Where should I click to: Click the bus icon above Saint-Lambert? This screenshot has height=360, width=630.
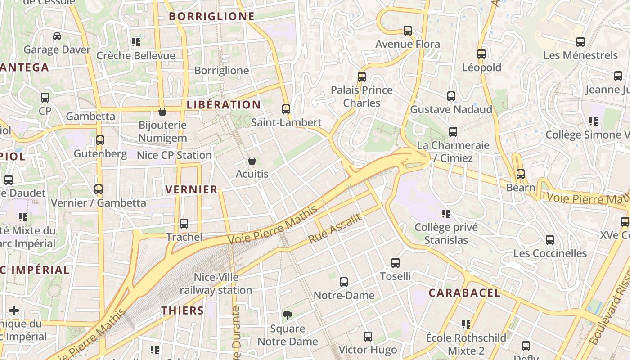pyautogui.click(x=286, y=109)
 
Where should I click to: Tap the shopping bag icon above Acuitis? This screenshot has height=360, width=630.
pyautogui.click(x=252, y=161)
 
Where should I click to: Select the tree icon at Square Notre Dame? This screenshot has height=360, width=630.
pyautogui.click(x=287, y=315)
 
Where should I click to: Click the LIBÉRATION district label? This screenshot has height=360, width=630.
pyautogui.click(x=224, y=105)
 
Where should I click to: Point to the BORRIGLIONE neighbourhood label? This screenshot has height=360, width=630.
pyautogui.click(x=211, y=17)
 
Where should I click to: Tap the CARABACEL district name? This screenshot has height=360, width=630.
pyautogui.click(x=464, y=293)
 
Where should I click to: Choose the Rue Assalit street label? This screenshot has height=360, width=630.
pyautogui.click(x=335, y=229)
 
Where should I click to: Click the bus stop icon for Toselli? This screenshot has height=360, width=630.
pyautogui.click(x=396, y=263)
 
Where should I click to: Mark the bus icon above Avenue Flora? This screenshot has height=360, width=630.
pyautogui.click(x=408, y=31)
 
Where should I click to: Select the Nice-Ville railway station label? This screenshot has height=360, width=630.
pyautogui.click(x=216, y=283)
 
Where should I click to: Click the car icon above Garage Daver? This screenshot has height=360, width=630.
pyautogui.click(x=57, y=36)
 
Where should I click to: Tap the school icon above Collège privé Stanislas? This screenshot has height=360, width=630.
pyautogui.click(x=446, y=214)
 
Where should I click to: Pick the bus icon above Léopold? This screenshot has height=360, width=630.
pyautogui.click(x=481, y=54)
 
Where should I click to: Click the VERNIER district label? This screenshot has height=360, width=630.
pyautogui.click(x=191, y=190)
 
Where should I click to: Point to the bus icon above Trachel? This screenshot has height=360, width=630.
pyautogui.click(x=184, y=224)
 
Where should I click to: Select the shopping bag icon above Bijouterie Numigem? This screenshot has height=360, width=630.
pyautogui.click(x=162, y=112)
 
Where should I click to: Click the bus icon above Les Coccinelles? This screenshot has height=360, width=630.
pyautogui.click(x=550, y=240)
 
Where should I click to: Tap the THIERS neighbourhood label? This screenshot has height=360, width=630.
pyautogui.click(x=183, y=310)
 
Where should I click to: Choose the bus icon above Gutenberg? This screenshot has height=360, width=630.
pyautogui.click(x=100, y=140)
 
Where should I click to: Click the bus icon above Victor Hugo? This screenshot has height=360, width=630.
pyautogui.click(x=368, y=337)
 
